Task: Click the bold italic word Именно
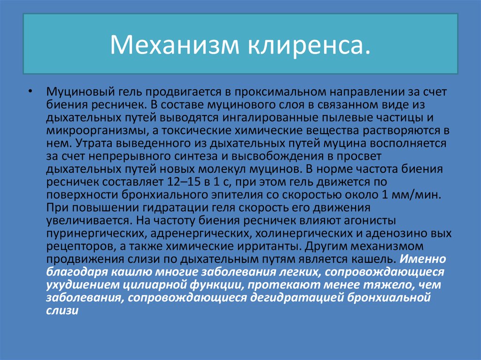(x=424, y=259)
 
